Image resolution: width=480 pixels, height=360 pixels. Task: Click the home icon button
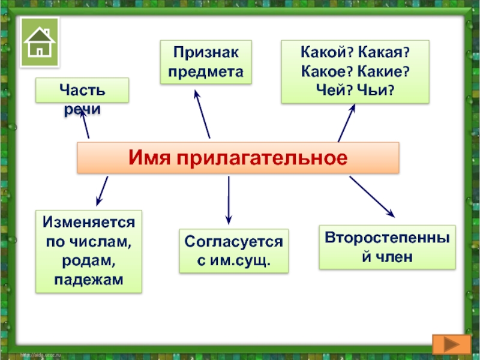point(40,41)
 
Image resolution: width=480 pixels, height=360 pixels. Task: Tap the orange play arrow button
point(451,345)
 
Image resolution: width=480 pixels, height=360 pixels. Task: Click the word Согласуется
point(233,242)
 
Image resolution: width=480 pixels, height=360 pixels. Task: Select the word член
point(395,256)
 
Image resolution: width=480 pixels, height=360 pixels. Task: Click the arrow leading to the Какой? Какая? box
point(347,123)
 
